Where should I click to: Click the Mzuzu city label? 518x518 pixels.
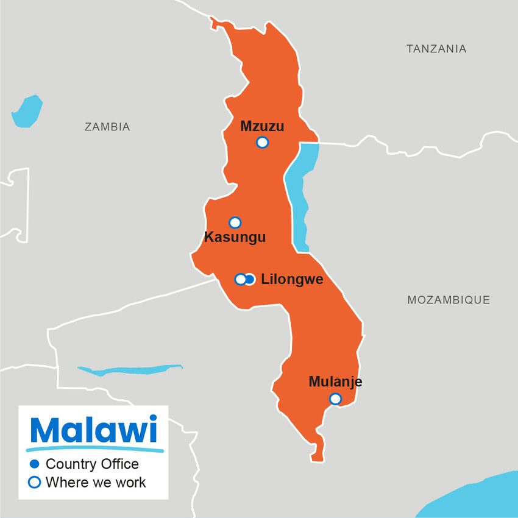262,126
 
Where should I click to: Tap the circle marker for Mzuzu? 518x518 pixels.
262,143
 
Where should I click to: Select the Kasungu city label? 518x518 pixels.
235,238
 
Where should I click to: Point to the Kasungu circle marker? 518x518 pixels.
235,222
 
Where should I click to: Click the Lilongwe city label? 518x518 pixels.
292,280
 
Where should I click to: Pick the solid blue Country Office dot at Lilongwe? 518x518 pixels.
249,279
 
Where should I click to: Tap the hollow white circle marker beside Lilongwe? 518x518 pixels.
241,279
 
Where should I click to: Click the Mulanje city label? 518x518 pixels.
335,382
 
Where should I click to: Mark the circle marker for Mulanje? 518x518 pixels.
335,399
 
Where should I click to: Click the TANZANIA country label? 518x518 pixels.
436,49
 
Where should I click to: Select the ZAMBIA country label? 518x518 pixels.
107,127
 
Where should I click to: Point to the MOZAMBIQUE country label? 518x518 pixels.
449,300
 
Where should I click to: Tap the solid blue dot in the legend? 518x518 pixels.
35,464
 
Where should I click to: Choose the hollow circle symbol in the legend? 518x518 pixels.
35,483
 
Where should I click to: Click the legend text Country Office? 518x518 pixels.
92,464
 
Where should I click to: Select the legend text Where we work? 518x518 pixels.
96,483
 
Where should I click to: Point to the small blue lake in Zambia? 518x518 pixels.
27,111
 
